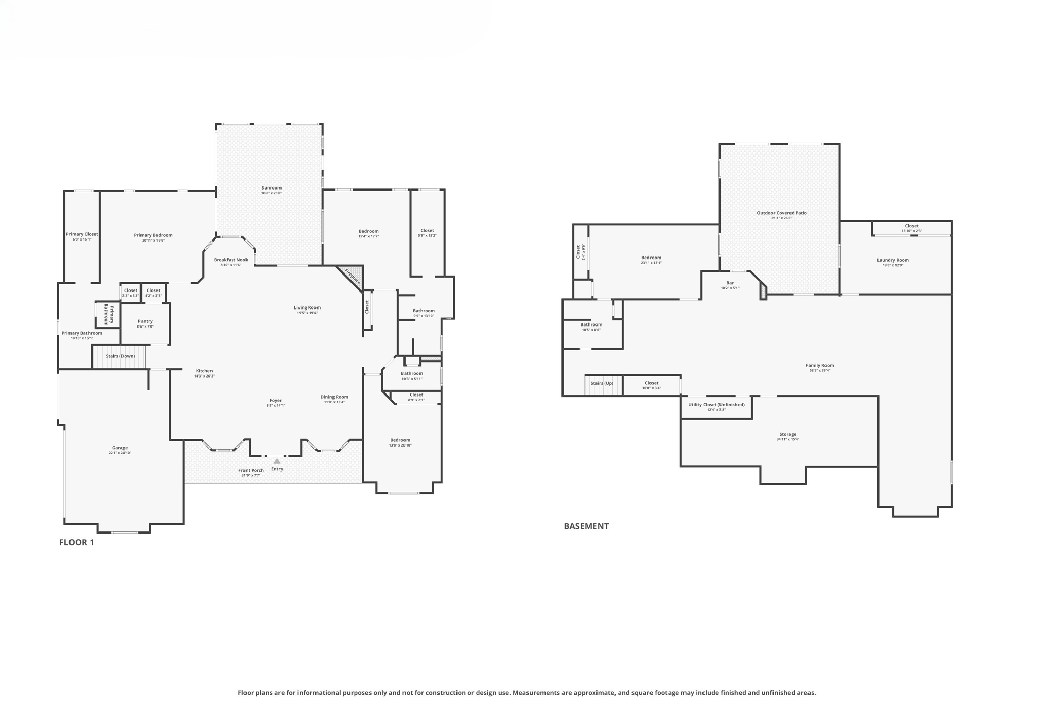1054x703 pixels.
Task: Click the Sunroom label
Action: click(271, 188)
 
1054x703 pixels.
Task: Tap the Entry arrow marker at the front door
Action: click(277, 461)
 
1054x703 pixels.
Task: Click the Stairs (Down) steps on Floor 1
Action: click(119, 356)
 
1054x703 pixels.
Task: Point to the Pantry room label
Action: click(145, 321)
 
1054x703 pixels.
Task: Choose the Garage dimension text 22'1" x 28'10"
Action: click(120, 453)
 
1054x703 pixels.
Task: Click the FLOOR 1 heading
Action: click(76, 542)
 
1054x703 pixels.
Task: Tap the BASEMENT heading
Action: click(586, 526)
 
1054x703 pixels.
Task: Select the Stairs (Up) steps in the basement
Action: click(603, 385)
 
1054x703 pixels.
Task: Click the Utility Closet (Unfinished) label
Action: click(716, 405)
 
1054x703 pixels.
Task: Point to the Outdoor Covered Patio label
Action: click(781, 213)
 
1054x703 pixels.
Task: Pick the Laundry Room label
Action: click(892, 260)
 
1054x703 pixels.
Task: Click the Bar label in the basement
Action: click(730, 283)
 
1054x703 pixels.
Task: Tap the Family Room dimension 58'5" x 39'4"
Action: click(819, 370)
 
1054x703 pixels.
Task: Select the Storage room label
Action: click(787, 434)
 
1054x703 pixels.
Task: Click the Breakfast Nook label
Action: click(231, 260)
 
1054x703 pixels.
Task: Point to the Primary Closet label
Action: click(82, 234)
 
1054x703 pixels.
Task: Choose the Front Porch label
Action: click(251, 470)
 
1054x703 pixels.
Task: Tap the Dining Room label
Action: click(334, 397)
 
